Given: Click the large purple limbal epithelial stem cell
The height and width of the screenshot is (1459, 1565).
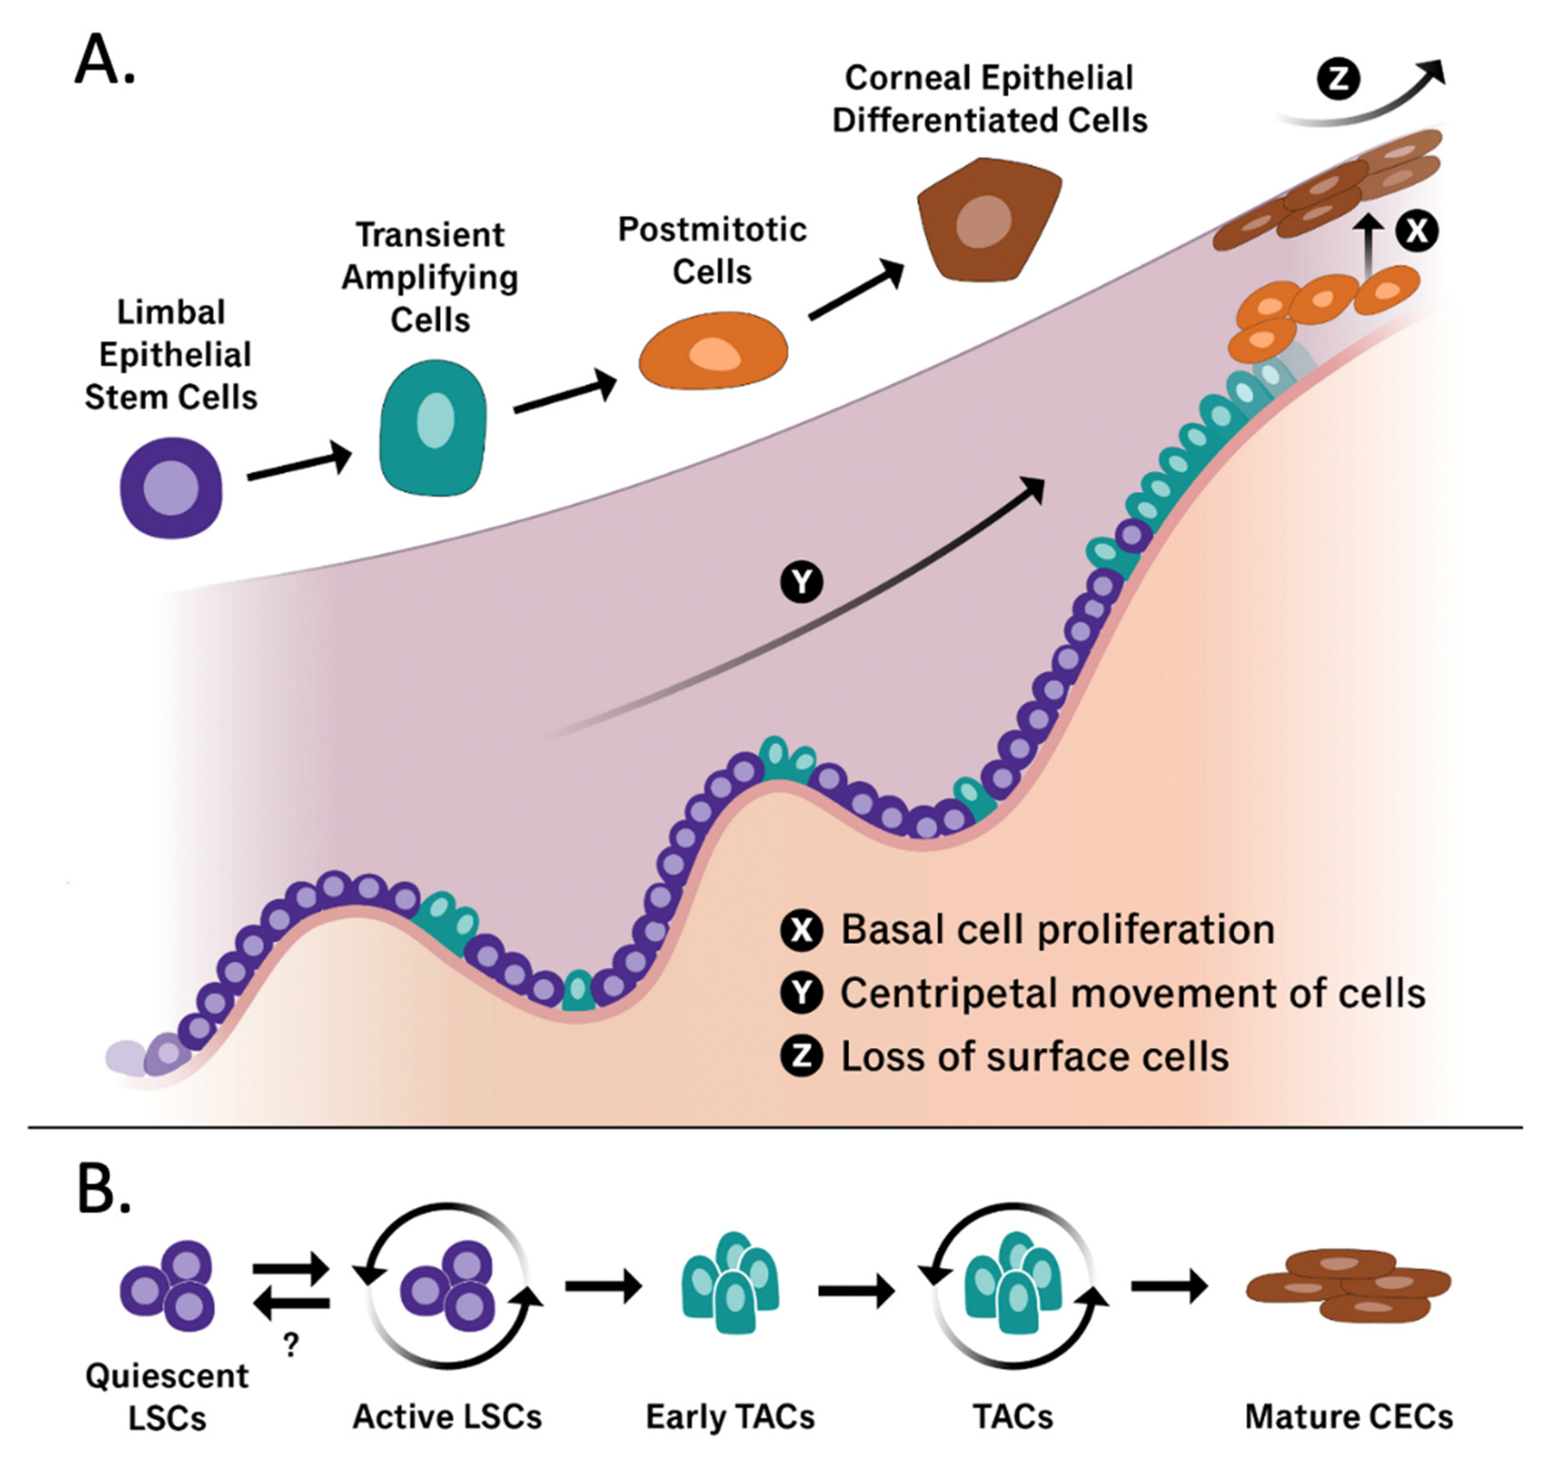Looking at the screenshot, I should [171, 488].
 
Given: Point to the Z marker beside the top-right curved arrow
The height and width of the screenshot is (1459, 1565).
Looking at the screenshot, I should [1338, 79].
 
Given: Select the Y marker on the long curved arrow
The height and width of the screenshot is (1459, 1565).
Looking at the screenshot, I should [801, 583].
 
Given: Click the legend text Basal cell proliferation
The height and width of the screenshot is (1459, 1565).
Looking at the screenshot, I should [1057, 930].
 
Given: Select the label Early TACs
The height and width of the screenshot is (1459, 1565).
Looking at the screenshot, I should [730, 1417].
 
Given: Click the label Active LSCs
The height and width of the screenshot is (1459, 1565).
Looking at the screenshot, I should [447, 1417].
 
